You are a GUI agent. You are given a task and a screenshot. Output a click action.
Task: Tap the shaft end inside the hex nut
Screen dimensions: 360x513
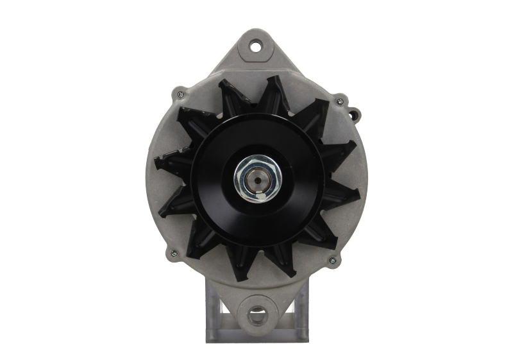coord(256,180)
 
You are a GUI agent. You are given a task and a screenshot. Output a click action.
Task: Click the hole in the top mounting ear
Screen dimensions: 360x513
coord(256,46)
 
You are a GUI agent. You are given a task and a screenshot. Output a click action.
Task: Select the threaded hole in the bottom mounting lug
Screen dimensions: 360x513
coord(256,314)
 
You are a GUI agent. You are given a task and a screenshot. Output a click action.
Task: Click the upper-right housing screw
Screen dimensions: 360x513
coord(339,101)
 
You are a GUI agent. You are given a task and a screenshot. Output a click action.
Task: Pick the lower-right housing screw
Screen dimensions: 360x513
coord(332,260)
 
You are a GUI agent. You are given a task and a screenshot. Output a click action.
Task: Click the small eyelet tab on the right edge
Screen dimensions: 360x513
coord(353,115)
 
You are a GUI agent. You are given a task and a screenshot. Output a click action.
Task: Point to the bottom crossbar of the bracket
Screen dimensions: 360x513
coord(256,336)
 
